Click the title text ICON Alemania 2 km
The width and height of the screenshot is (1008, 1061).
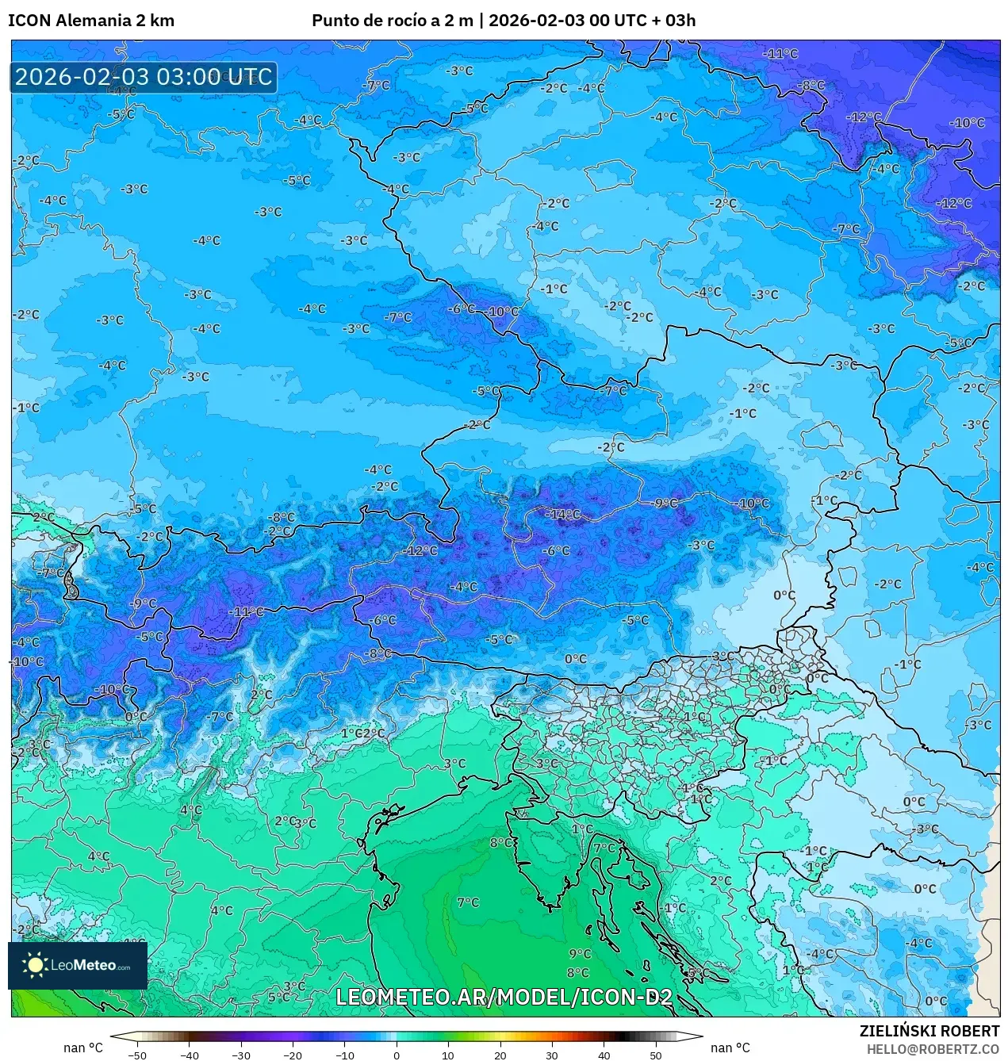(x=91, y=21)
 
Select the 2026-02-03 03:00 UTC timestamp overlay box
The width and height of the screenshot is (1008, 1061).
(x=144, y=78)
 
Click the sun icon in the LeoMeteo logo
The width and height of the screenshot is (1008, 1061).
(x=35, y=965)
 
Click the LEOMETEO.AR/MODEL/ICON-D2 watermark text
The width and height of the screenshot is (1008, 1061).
(x=504, y=997)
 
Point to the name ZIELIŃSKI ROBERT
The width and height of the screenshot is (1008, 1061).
(x=929, y=1031)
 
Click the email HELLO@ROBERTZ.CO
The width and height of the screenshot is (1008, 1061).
(x=933, y=1049)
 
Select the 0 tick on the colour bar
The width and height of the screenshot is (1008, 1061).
(x=397, y=1055)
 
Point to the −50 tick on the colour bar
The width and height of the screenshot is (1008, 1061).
(x=137, y=1055)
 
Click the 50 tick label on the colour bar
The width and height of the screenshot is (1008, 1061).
(x=656, y=1055)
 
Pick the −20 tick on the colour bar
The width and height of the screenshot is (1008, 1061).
(x=293, y=1055)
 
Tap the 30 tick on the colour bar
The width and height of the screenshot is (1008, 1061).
(x=552, y=1055)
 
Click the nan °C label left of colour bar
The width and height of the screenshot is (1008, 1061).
(x=83, y=1048)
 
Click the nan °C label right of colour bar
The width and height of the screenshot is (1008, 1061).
(x=730, y=1048)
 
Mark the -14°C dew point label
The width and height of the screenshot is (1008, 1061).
(x=563, y=515)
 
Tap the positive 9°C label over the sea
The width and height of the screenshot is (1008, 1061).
(x=580, y=954)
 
